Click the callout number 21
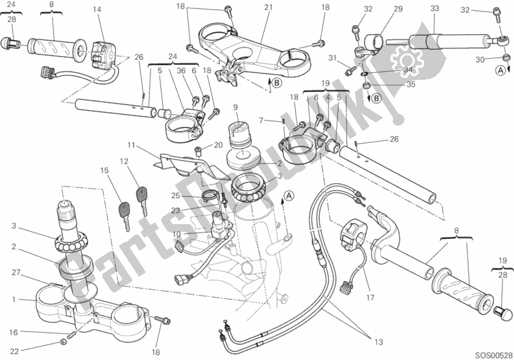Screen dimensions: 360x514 [268, 7]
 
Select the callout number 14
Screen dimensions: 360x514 [97, 9]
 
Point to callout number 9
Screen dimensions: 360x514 [236, 107]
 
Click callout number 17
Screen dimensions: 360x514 [370, 298]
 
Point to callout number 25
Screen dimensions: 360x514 [175, 196]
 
